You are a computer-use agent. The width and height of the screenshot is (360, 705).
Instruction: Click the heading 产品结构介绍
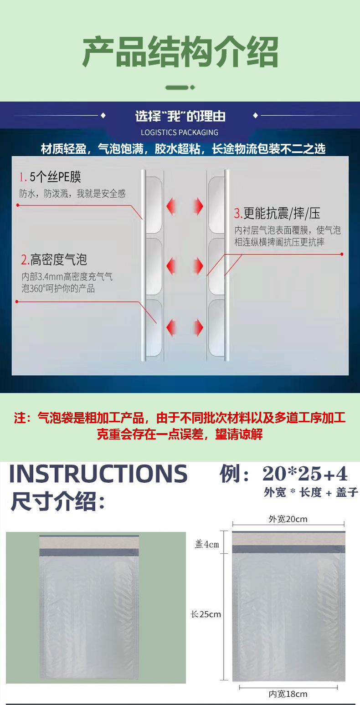click(x=180, y=52)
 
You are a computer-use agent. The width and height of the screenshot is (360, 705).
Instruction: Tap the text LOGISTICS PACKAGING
click(x=180, y=133)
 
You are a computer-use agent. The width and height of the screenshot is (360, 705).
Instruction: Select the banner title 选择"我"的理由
click(x=180, y=116)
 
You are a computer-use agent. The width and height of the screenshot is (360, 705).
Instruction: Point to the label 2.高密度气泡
click(x=54, y=260)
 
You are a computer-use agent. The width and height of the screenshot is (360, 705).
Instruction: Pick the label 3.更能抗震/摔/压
click(x=277, y=213)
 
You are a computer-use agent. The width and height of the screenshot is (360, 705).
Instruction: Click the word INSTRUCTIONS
click(x=98, y=474)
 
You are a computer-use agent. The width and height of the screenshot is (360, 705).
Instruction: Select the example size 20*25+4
click(x=305, y=475)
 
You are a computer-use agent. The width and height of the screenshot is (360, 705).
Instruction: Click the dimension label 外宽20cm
click(x=288, y=519)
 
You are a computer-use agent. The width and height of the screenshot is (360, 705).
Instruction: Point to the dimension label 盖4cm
click(x=207, y=544)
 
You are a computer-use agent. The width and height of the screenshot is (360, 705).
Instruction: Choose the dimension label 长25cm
click(x=206, y=614)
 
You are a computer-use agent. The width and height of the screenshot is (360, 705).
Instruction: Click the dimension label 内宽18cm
click(x=288, y=694)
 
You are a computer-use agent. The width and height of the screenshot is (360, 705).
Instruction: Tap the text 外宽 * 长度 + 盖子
click(x=311, y=492)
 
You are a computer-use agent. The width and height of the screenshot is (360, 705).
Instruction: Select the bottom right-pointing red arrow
click(x=198, y=327)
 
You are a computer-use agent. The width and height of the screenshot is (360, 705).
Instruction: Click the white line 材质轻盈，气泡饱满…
click(x=183, y=149)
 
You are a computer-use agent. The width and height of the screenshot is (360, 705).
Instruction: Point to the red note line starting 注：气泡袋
click(x=180, y=418)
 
